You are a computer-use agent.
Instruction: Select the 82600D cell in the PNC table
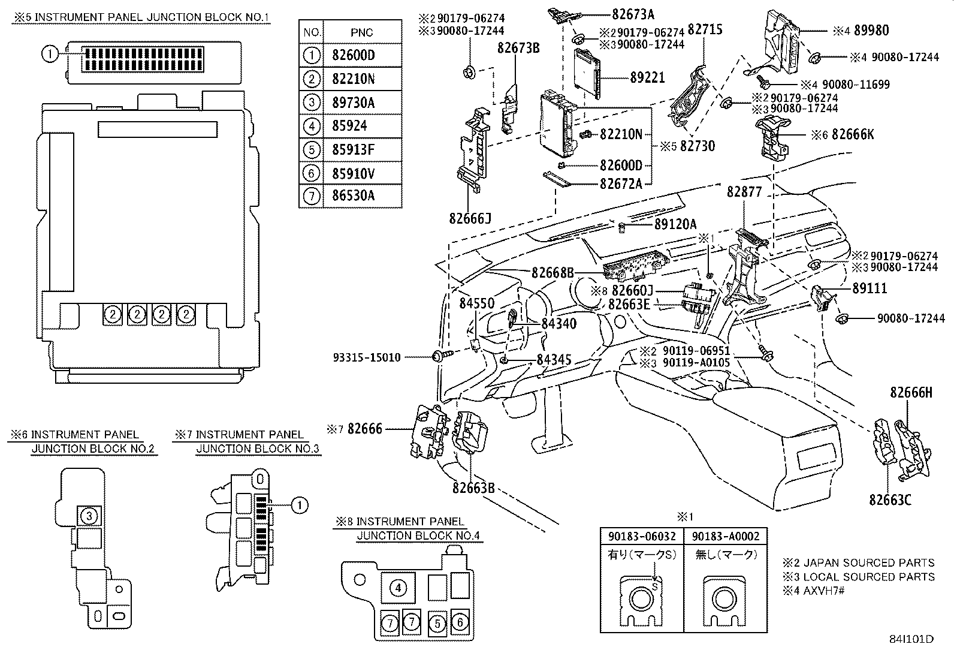[x=353, y=56]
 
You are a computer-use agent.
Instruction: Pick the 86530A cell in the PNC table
[x=353, y=196]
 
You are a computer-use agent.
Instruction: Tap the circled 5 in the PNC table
[x=311, y=149]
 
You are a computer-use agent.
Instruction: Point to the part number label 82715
[x=705, y=29]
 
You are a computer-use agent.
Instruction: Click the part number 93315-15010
[x=367, y=357]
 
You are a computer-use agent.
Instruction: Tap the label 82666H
[x=911, y=392]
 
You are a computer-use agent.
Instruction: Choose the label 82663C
[x=890, y=499]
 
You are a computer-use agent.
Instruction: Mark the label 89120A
[x=675, y=224]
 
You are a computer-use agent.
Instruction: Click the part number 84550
[x=477, y=304]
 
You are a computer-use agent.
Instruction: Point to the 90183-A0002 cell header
[x=725, y=536]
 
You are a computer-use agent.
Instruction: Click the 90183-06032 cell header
[x=642, y=536]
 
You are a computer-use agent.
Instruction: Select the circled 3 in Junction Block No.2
[x=89, y=516]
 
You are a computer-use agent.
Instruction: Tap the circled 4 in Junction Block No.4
[x=398, y=588]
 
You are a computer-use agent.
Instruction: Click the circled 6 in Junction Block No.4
[x=460, y=622]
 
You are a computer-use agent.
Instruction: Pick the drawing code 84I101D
[x=911, y=639]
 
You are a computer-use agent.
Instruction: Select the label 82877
[x=744, y=192]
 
